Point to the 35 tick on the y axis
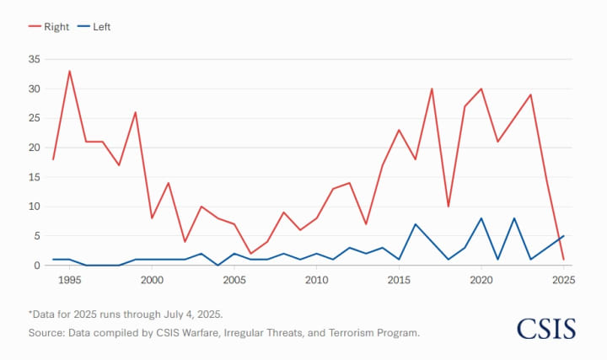pyautogui.click(x=34, y=59)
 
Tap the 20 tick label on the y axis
pyautogui.click(x=34, y=148)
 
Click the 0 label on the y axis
pyautogui.click(x=37, y=266)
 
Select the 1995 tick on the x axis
pyautogui.click(x=70, y=280)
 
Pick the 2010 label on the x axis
pyautogui.click(x=316, y=280)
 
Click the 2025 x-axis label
pyautogui.click(x=563, y=280)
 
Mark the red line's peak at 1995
pyautogui.click(x=70, y=71)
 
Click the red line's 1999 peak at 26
pyautogui.click(x=136, y=112)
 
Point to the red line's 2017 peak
pyautogui.click(x=432, y=89)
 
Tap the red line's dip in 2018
pyautogui.click(x=448, y=207)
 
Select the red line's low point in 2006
pyautogui.click(x=250, y=254)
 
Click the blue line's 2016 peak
pyautogui.click(x=415, y=224)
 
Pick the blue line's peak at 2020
pyautogui.click(x=481, y=218)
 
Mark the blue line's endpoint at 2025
pyautogui.click(x=563, y=236)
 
